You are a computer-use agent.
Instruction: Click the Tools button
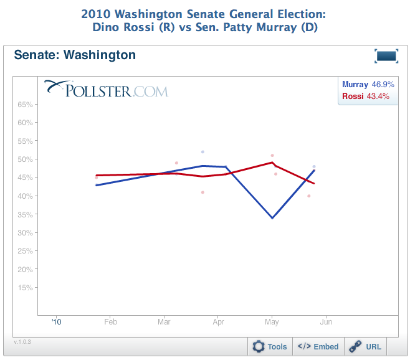coord(270,347)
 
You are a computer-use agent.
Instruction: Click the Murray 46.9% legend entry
coord(368,84)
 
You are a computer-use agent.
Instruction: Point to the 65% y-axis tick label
coord(25,105)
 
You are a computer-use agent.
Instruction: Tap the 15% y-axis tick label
coord(25,288)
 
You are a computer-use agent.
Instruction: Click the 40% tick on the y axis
coord(25,196)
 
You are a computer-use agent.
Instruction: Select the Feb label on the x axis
coord(110,322)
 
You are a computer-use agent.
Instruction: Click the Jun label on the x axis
coord(326,322)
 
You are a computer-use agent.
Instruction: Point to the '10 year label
coord(57,322)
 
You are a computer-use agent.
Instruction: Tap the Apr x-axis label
coord(218,322)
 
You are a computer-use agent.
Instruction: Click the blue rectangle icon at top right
coord(386,56)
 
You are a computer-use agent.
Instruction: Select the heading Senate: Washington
coord(75,55)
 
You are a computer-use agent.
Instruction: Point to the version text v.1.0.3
coord(22,342)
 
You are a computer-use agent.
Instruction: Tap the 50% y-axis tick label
coord(25,159)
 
